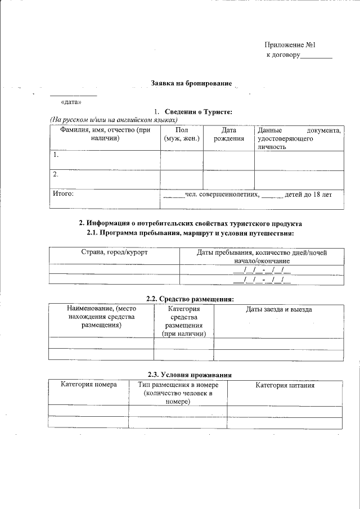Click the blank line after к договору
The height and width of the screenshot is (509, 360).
click(x=316, y=56)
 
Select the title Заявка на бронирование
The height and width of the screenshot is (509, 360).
click(x=191, y=83)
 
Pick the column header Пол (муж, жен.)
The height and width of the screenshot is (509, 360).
click(x=182, y=134)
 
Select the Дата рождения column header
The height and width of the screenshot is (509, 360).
click(x=228, y=134)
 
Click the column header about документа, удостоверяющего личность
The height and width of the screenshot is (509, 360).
click(x=298, y=138)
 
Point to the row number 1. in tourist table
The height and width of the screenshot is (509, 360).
click(x=55, y=155)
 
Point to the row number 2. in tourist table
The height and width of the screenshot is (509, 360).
click(x=55, y=174)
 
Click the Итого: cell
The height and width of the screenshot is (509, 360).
click(x=63, y=194)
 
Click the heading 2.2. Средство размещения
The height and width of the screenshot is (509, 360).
click(x=190, y=299)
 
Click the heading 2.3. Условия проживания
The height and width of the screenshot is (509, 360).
click(x=190, y=375)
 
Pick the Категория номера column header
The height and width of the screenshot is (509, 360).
click(x=89, y=385)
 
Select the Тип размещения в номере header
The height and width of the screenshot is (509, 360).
click(x=178, y=393)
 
